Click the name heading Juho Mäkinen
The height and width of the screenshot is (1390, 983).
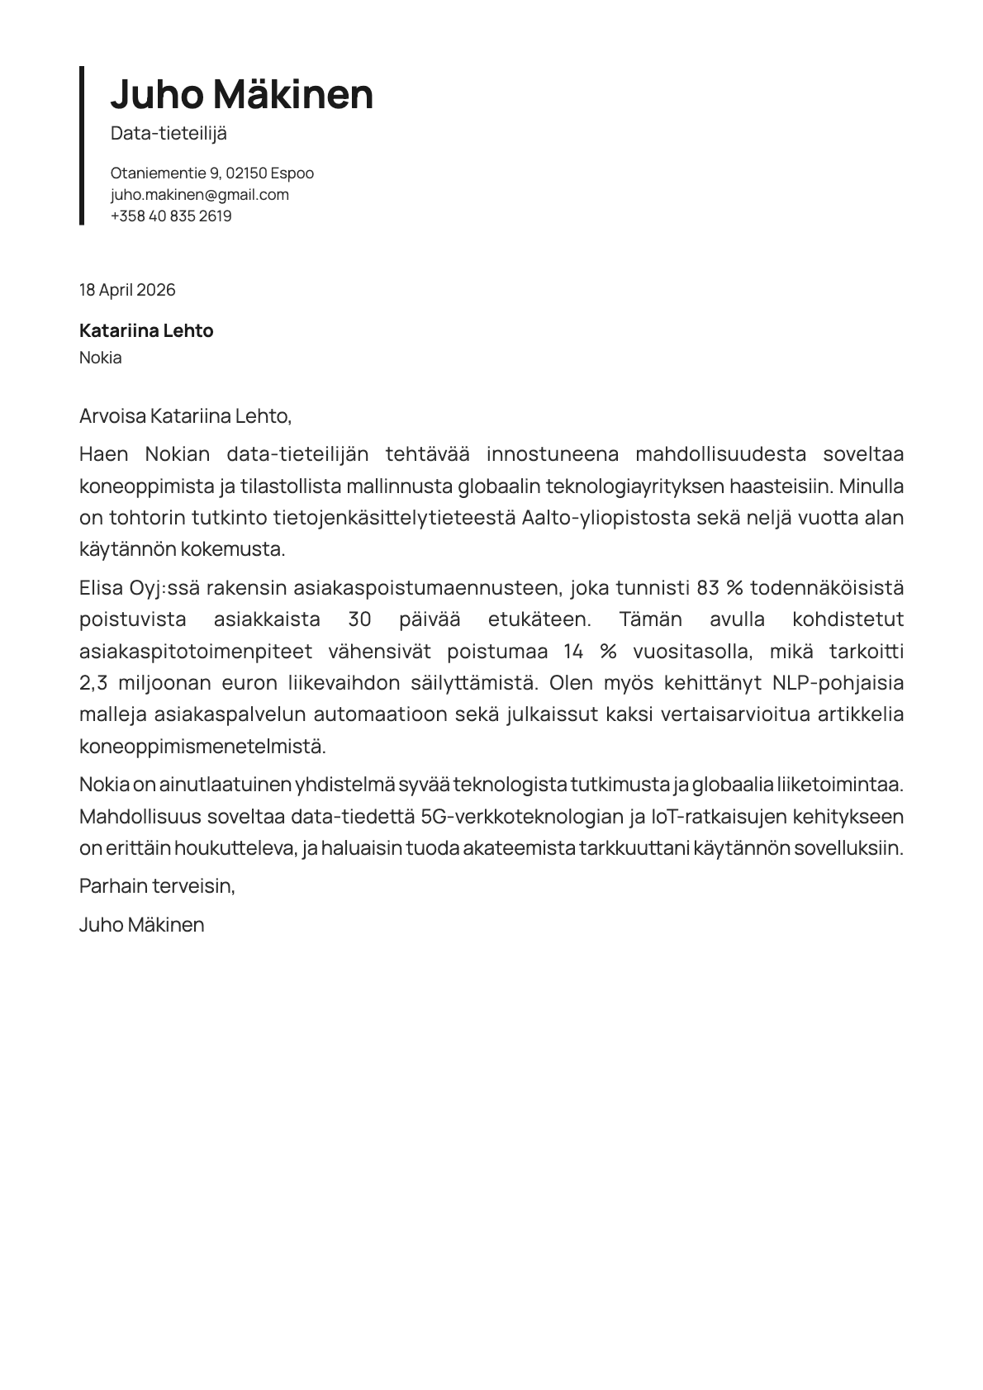pyautogui.click(x=241, y=94)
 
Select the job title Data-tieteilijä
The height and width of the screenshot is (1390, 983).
pyautogui.click(x=169, y=134)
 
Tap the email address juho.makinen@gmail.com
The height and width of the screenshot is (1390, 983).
pyautogui.click(x=199, y=195)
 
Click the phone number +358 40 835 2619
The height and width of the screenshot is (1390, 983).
pyautogui.click(x=170, y=216)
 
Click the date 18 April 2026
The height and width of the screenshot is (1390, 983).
pyautogui.click(x=127, y=290)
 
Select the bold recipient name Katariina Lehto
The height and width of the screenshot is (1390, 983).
pyautogui.click(x=146, y=331)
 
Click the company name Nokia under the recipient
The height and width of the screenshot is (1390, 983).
pyautogui.click(x=100, y=358)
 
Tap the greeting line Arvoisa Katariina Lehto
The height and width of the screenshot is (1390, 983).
pyautogui.click(x=185, y=415)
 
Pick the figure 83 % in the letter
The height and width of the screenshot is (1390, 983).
pyautogui.click(x=720, y=588)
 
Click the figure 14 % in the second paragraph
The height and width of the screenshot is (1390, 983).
pyautogui.click(x=590, y=652)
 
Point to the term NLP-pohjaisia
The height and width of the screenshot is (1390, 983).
pyautogui.click(x=838, y=683)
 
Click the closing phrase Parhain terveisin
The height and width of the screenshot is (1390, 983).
pyautogui.click(x=157, y=886)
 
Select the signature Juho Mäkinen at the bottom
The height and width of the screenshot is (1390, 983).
pyautogui.click(x=141, y=925)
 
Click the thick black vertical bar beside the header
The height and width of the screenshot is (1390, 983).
pyautogui.click(x=82, y=145)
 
